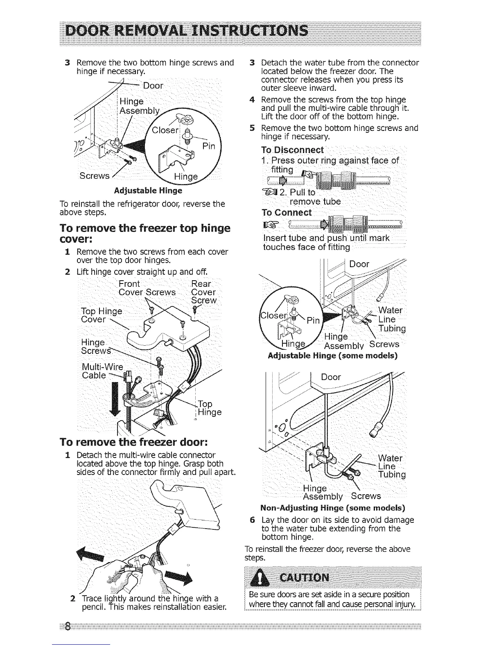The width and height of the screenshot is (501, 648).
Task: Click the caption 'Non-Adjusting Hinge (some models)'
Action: [x=333, y=508]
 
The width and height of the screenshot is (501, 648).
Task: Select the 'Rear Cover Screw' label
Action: [x=203, y=292]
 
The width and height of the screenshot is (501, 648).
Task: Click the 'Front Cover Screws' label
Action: [x=147, y=288]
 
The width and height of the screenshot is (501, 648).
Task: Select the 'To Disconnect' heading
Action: [x=292, y=150]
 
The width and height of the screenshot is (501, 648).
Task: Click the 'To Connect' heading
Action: [x=287, y=213]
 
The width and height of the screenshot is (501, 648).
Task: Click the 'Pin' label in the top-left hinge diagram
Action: [x=209, y=146]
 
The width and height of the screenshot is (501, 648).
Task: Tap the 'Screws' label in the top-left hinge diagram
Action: [x=95, y=175]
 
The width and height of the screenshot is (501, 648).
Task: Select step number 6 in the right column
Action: [x=253, y=520]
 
